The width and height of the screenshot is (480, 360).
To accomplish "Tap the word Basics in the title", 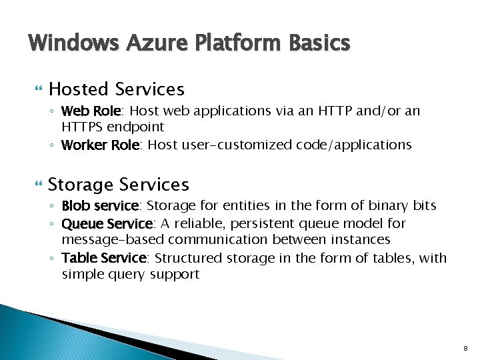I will tap(319, 43).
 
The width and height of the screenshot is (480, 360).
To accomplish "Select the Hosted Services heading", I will tap(117, 89).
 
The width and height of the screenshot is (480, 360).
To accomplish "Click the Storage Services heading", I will tap(119, 185).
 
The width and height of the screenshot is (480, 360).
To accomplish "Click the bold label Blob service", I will tap(100, 206).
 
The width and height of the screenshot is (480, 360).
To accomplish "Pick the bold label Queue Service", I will tap(107, 223).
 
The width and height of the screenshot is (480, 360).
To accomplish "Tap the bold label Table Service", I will tap(103, 258).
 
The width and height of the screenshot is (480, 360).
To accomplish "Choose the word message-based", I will tap(113, 239).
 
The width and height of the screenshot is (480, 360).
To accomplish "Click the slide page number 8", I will tap(465, 349).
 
